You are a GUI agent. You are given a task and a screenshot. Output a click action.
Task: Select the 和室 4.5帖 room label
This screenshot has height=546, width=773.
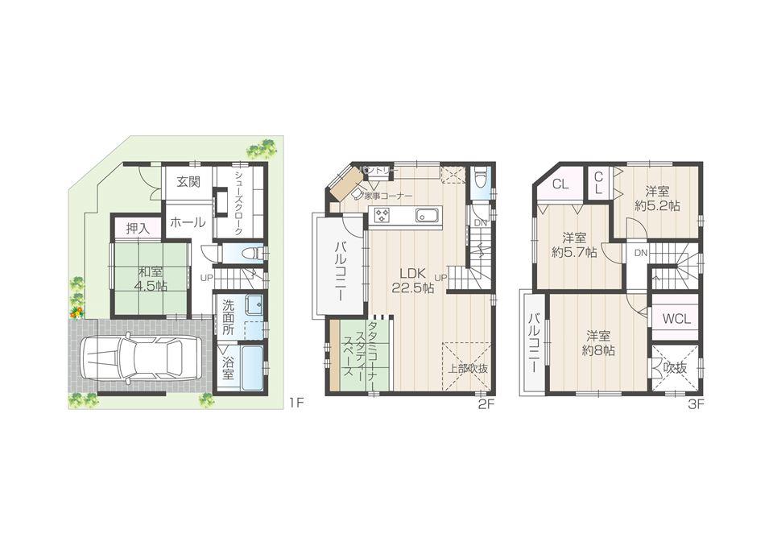point(151,279)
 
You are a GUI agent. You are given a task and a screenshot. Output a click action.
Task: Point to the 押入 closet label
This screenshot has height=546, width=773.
point(138,229)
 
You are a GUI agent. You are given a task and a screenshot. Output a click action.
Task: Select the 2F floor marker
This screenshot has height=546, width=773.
point(484,405)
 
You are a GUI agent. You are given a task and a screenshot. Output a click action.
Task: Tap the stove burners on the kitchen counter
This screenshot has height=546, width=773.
point(381,215)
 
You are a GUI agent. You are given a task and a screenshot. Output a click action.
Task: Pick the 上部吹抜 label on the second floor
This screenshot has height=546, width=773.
point(468,369)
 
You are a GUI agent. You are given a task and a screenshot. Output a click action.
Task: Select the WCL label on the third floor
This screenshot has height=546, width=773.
point(676,318)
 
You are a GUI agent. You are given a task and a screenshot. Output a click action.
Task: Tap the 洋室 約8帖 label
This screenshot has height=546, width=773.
point(600,343)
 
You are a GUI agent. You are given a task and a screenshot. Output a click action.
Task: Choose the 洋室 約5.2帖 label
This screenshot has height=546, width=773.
point(657,198)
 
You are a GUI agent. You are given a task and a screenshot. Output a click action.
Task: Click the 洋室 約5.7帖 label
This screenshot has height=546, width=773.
point(574,245)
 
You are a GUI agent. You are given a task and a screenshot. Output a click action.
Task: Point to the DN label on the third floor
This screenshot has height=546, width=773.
point(642,252)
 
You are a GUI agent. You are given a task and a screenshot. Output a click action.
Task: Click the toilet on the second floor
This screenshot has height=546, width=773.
point(480,176)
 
